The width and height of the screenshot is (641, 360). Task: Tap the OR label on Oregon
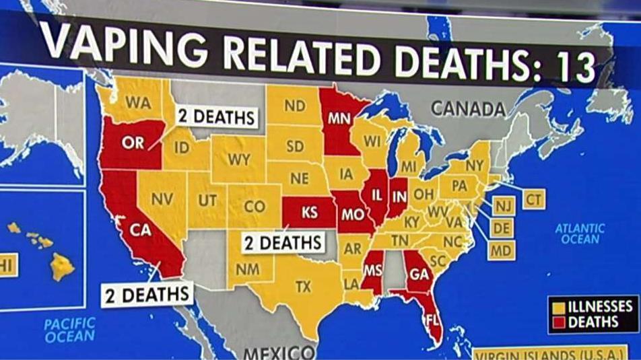pos(132,142)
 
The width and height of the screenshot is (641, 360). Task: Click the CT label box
pos(533,199)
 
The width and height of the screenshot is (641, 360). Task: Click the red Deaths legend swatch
pos(558,322)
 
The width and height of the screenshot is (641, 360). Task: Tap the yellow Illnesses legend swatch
pos(558,305)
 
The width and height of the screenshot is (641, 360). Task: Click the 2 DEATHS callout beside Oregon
pos(216,117)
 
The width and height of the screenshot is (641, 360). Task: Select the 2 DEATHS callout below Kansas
pos(283,242)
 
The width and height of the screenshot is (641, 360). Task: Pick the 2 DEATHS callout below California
pos(147,295)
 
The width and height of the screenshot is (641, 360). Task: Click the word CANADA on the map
pos(467,108)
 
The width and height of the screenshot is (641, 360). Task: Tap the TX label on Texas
pos(303,287)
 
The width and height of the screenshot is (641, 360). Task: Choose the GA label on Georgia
pos(419,275)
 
